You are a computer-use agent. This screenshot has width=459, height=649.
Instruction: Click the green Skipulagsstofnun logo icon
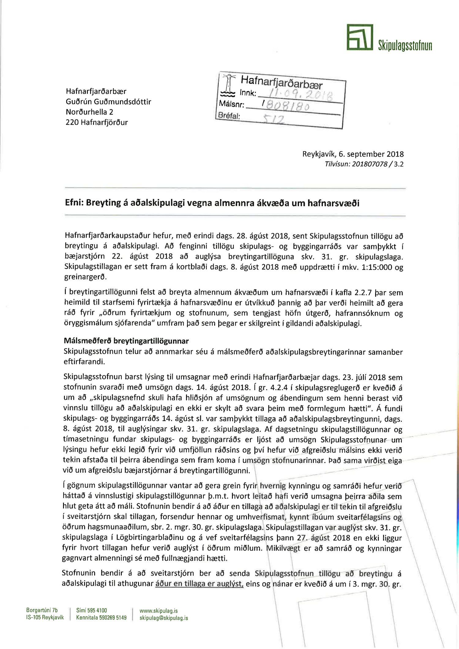point(360,37)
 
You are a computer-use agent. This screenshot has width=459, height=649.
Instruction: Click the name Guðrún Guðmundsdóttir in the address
point(108,102)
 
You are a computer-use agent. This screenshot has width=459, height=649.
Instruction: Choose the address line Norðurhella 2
point(89,112)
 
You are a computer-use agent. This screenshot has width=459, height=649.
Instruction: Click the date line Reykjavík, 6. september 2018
point(353,154)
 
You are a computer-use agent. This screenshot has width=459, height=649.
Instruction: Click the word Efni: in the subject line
point(74,203)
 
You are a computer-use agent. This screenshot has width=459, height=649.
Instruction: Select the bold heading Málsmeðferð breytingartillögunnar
point(126,341)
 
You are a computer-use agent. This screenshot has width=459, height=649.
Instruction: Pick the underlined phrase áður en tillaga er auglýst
point(199,584)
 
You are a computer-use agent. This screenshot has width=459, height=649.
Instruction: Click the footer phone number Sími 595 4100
point(91,610)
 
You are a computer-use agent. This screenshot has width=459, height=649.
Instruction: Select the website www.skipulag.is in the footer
point(159,611)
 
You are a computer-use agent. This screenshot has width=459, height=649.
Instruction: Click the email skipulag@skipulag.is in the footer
point(164,618)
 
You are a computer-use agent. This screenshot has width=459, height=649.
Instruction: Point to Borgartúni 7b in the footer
point(42,610)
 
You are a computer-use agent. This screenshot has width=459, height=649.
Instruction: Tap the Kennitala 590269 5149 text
point(101,618)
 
